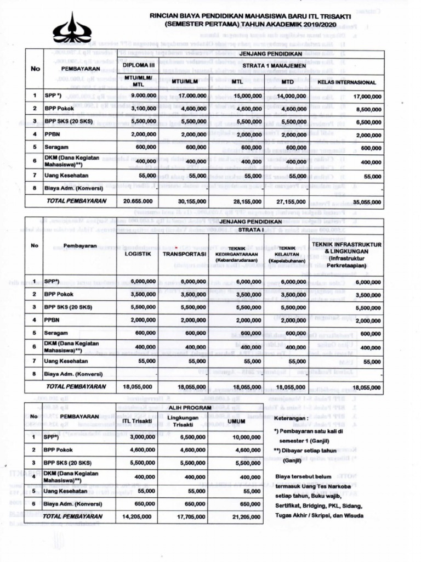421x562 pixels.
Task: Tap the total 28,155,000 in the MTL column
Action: coord(246,201)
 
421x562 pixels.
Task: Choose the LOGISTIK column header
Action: coord(138,254)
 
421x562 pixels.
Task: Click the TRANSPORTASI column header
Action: coord(184,254)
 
